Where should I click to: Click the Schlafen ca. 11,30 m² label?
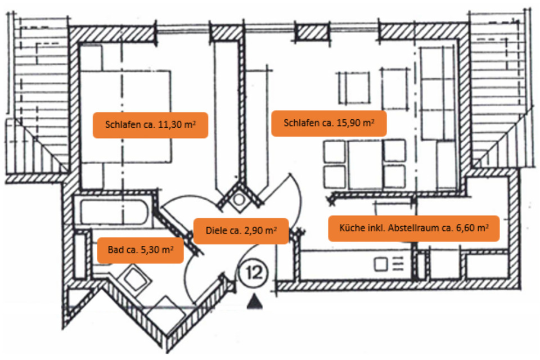150,125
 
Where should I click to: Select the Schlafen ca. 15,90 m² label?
329,123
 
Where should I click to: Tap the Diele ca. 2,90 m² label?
241,231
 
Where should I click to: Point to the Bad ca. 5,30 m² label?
141,250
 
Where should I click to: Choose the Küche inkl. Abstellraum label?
413,228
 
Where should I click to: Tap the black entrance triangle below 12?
256,303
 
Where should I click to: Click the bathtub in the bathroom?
115,213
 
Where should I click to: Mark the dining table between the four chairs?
364,160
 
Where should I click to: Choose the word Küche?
351,228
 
